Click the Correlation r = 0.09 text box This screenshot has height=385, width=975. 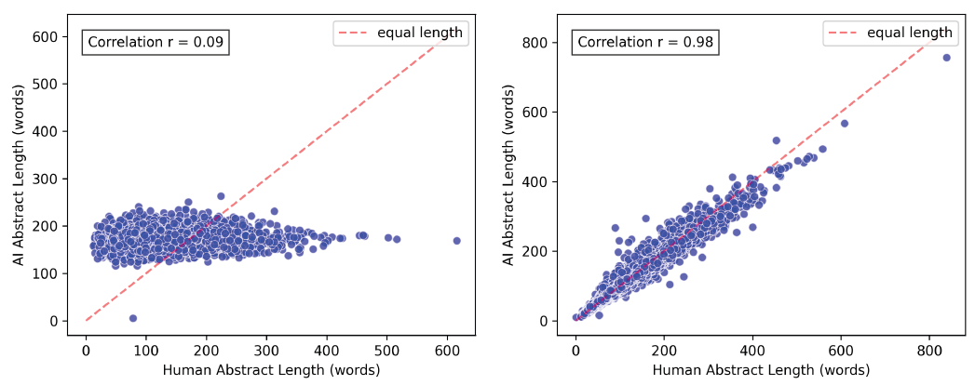(155, 42)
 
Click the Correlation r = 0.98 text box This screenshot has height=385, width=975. (647, 42)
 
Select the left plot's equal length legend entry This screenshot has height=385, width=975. (401, 33)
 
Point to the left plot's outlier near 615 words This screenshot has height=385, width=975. (456, 241)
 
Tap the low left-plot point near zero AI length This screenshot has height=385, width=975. (133, 318)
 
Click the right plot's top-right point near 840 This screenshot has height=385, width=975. (946, 58)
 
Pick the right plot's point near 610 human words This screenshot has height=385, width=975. (845, 124)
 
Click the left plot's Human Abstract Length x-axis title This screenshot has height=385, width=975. (271, 371)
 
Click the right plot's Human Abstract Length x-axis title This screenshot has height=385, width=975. (761, 371)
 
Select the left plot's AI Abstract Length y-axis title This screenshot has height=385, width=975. (19, 175)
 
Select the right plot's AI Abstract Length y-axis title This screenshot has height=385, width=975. (508, 175)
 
